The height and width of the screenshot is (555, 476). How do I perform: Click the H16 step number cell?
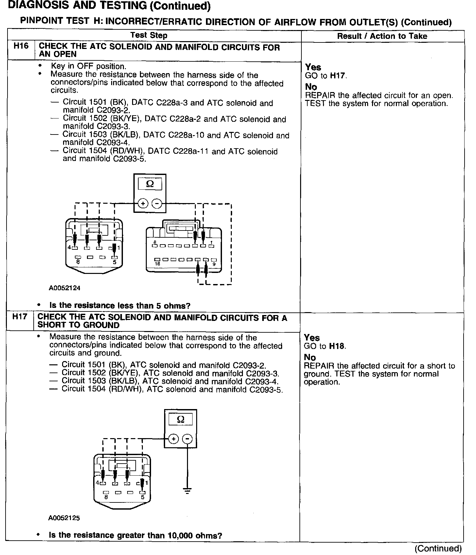(21, 46)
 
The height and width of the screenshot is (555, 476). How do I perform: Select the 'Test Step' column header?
(149, 35)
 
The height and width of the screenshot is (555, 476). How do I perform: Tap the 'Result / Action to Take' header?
(382, 36)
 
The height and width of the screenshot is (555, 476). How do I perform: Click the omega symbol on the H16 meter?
(150, 184)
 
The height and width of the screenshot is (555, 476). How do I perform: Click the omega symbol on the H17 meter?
(180, 420)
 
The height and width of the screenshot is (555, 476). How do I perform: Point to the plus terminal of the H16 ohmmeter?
(143, 203)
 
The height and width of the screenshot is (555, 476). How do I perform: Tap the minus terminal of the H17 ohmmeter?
(187, 439)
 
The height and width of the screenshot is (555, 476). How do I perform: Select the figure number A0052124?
(65, 288)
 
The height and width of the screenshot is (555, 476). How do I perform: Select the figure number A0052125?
(64, 518)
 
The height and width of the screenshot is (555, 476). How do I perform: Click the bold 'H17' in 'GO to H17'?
(338, 76)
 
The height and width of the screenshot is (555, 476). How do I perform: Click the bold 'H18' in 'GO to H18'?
(337, 346)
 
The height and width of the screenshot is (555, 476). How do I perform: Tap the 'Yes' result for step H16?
(313, 67)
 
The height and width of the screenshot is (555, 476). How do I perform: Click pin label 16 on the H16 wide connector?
(157, 264)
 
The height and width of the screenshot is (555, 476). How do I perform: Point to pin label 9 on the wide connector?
(214, 264)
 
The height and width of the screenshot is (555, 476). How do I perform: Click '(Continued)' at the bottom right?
(438, 548)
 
